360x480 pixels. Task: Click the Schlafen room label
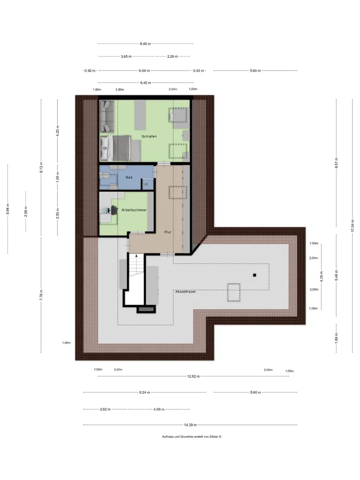149,136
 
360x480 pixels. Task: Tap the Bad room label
129,177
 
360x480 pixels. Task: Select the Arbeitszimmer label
134,210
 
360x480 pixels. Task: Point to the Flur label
168,232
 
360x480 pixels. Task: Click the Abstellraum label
185,292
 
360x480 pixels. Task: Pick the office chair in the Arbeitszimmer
114,210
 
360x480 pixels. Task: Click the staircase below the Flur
136,265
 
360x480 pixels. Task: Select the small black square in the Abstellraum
254,275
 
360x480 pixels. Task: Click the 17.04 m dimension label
352,226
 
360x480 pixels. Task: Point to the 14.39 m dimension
190,425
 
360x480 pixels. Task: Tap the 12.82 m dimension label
193,376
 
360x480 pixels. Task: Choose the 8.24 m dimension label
144,392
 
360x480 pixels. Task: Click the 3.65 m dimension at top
126,56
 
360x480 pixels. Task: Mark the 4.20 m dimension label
57,131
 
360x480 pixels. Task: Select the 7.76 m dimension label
41,295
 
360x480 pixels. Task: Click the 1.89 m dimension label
336,338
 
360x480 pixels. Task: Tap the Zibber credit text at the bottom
192,436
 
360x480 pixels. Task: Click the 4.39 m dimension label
321,277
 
